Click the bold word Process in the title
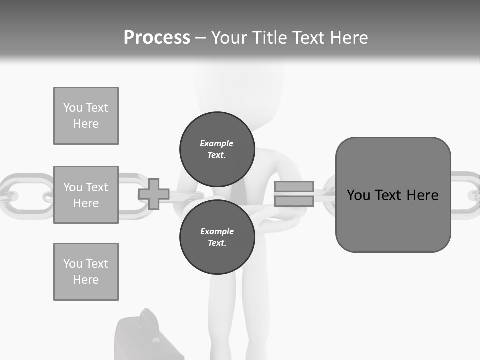coord(157,38)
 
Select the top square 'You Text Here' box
coord(86,116)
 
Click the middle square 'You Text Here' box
coord(86,195)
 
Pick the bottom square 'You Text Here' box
coord(86,272)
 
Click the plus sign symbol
coord(154,194)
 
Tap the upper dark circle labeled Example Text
coord(217,149)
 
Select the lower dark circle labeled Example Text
coord(217,237)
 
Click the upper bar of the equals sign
coord(294,187)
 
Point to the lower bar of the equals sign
coord(294,201)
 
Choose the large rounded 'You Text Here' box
coord(393,195)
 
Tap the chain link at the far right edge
coord(467,195)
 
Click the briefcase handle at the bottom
coord(148,320)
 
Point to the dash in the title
coord(200,38)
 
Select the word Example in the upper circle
coord(216,143)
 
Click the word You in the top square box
coord(72,108)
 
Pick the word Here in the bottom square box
coord(86,280)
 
